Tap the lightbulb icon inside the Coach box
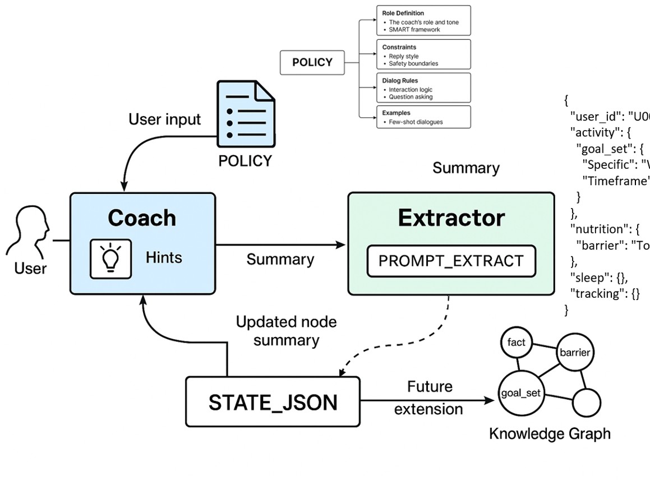pos(110,257)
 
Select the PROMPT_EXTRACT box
pos(451,261)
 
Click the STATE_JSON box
pos(273,401)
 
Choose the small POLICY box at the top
pos(312,62)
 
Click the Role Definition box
pos(423,21)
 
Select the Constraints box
pos(423,54)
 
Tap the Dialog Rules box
pos(423,88)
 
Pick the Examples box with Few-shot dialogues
pos(423,117)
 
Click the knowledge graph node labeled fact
pos(516,343)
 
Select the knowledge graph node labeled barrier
pos(575,353)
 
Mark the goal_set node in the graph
pos(521,393)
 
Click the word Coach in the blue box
pos(142,218)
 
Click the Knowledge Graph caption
pos(550,433)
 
